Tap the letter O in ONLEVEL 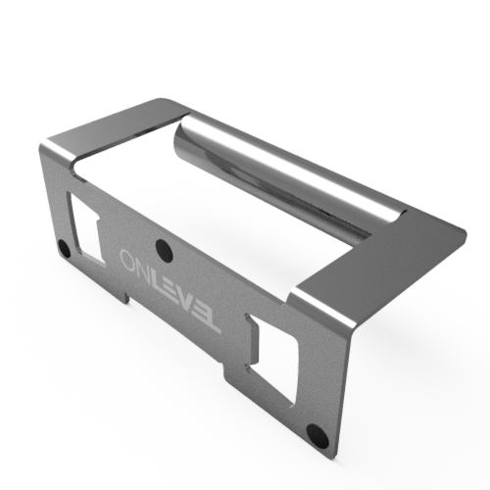(x=128, y=260)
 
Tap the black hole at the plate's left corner (x=65, y=249)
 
